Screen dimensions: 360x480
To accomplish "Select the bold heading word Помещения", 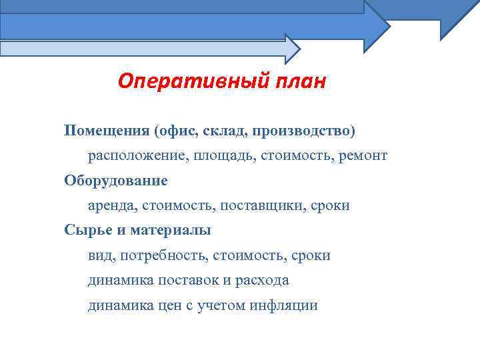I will (106, 129).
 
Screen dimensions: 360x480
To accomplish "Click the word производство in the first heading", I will (301, 129).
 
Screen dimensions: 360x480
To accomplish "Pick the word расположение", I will (137, 155).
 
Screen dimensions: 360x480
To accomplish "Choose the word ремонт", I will (362, 155).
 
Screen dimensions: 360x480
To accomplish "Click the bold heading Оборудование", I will (116, 180).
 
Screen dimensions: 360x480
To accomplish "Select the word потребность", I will (163, 255).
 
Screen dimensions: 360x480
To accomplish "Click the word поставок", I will (190, 280).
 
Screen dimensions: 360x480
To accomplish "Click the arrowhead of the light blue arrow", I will (292, 49).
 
